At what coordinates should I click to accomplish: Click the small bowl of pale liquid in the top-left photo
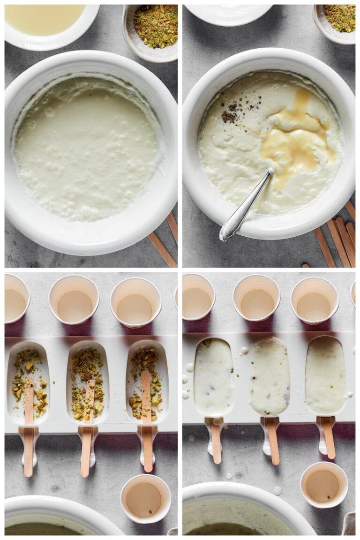pos(47,21)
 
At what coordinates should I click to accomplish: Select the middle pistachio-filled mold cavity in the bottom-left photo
pos(88,382)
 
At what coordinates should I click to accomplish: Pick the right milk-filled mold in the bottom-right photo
pos(326,375)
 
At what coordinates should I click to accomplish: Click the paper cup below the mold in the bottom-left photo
pos(145,499)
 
